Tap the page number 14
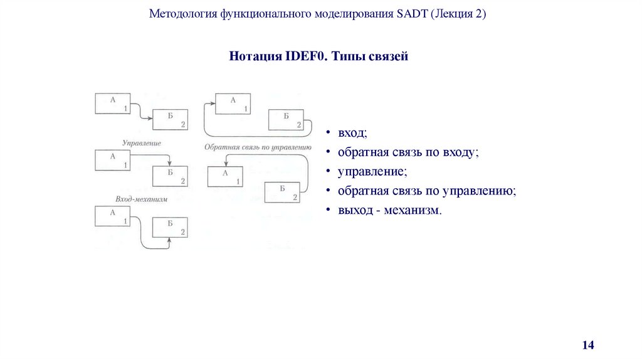(587, 345)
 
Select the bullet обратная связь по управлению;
(426, 191)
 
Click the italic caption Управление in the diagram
(142, 144)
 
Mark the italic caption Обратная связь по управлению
(257, 148)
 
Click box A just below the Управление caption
(113, 160)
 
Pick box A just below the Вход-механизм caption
(113, 217)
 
